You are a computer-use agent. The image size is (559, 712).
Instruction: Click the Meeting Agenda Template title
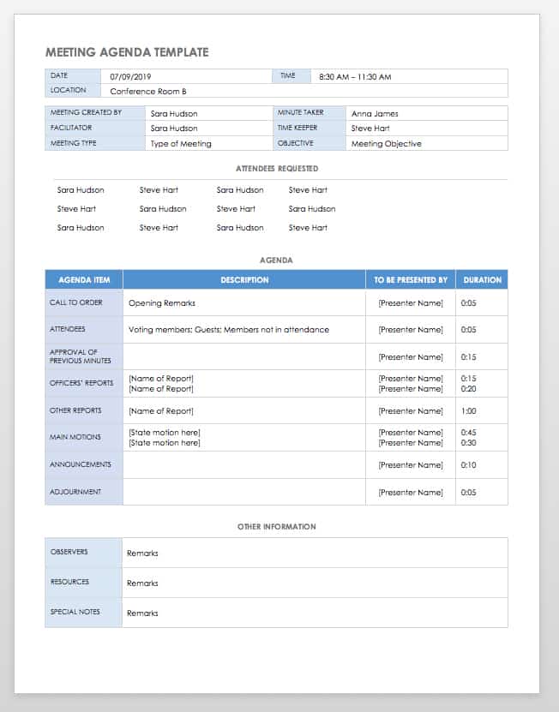tap(127, 52)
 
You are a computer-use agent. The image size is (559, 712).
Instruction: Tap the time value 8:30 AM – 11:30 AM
tap(355, 76)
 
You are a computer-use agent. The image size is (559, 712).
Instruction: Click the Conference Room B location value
tap(148, 91)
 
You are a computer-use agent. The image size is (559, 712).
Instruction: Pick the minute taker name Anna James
tap(375, 113)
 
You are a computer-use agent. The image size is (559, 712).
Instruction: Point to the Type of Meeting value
tap(181, 144)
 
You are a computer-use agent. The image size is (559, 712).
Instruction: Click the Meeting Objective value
tap(387, 144)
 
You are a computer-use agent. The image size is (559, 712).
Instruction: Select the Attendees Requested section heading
tap(276, 169)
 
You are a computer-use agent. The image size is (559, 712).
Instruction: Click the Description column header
tap(244, 280)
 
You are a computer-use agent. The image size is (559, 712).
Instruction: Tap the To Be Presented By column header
tap(411, 280)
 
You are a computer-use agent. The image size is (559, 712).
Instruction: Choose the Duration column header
tap(482, 280)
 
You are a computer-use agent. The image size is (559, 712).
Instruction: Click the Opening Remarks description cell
tap(162, 302)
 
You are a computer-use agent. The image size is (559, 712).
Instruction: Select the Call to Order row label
tap(75, 302)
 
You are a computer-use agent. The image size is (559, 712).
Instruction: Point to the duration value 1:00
tap(469, 411)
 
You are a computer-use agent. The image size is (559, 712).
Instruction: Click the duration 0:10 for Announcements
tap(469, 465)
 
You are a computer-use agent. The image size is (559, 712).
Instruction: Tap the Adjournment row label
tap(75, 492)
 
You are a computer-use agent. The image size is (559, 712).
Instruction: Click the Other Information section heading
tap(276, 527)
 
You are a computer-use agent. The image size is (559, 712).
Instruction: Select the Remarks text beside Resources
tap(142, 583)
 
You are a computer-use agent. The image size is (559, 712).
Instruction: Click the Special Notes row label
tap(75, 612)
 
